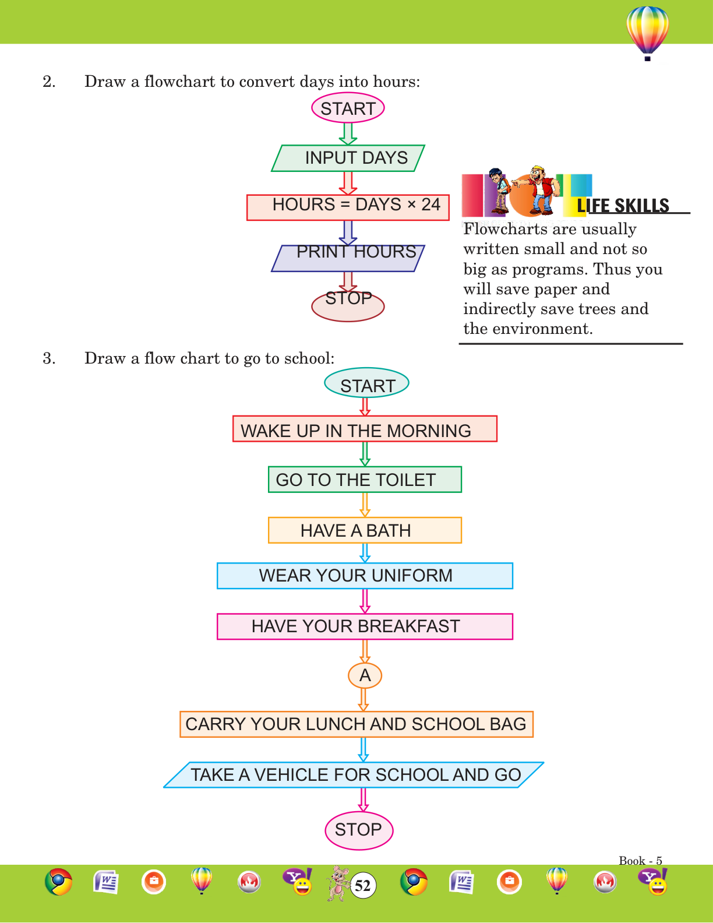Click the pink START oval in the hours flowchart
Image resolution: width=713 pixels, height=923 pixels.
tap(348, 108)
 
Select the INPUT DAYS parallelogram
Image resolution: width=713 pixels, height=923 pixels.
tap(348, 158)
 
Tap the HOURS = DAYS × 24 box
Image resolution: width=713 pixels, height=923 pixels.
tap(348, 207)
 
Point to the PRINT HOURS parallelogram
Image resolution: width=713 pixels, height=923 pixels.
tap(348, 258)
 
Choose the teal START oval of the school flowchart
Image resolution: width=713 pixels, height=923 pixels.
tap(366, 383)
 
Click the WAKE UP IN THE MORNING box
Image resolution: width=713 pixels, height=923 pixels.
tap(365, 429)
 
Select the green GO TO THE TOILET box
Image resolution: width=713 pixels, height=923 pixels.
tap(365, 480)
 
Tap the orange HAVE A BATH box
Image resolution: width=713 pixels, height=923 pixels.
tap(365, 530)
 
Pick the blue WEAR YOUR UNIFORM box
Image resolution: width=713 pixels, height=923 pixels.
tap(365, 576)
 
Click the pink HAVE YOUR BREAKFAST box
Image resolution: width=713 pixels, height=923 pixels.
tap(365, 626)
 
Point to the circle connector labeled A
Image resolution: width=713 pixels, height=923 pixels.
tap(365, 675)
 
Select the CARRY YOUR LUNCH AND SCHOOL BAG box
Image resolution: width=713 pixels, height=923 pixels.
tap(356, 724)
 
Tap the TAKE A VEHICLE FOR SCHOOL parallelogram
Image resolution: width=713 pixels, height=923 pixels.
tap(354, 775)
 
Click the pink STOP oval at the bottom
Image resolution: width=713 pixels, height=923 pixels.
tap(359, 830)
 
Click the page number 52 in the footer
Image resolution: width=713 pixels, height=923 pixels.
tap(363, 886)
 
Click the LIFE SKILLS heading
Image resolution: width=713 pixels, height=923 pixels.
tap(623, 206)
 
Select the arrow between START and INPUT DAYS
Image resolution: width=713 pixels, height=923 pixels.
tap(348, 133)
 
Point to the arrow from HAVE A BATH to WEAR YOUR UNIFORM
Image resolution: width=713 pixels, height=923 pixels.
tap(365, 552)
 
